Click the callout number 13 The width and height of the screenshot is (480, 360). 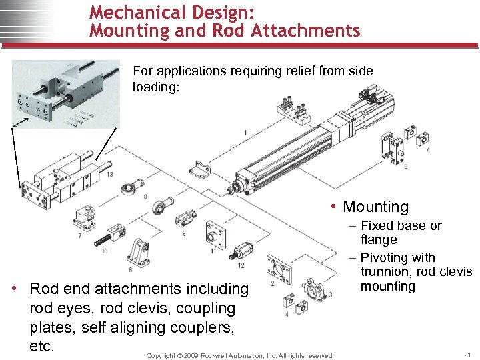click(x=109, y=175)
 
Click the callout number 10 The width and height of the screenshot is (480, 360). click(x=105, y=251)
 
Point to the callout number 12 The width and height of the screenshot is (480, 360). click(x=240, y=266)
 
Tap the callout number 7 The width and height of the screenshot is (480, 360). click(x=79, y=235)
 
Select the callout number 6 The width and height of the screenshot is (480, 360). click(x=129, y=269)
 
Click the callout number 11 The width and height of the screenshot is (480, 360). click(x=213, y=251)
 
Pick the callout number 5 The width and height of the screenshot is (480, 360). click(x=406, y=166)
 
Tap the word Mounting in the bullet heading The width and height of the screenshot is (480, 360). click(x=375, y=207)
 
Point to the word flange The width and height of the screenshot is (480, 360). click(x=378, y=240)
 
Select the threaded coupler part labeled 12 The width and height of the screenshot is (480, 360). click(x=241, y=251)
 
